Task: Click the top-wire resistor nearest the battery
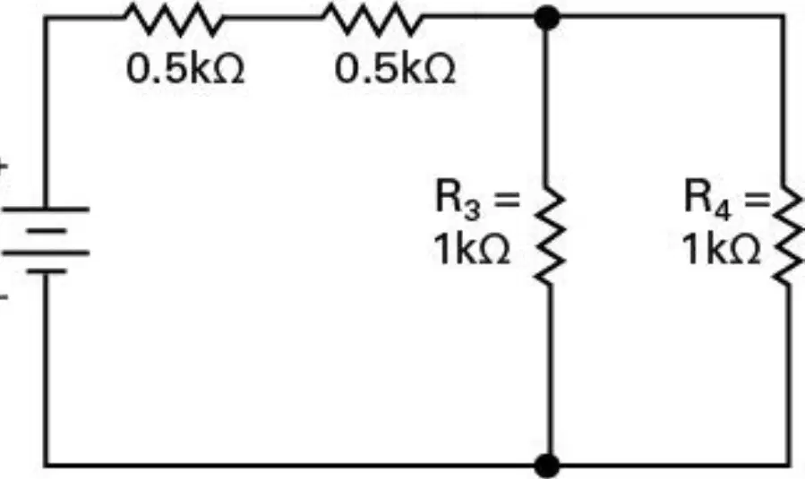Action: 174,20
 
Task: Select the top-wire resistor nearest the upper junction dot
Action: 373,20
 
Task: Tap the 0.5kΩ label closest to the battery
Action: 185,69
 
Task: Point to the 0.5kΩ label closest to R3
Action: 394,69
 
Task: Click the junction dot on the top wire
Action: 547,17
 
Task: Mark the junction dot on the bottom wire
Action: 547,466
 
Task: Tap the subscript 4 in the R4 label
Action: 723,210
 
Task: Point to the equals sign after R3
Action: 506,199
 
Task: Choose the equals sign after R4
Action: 758,199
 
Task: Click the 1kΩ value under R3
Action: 472,249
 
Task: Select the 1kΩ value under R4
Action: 722,249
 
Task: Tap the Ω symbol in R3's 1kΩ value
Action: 494,250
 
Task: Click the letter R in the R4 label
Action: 698,195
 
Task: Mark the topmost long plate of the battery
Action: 47,209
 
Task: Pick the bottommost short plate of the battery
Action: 47,271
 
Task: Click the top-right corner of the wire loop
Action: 784,17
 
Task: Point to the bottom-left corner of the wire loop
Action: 47,466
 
